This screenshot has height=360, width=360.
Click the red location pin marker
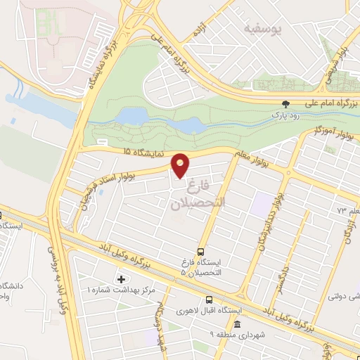pos(181,165)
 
